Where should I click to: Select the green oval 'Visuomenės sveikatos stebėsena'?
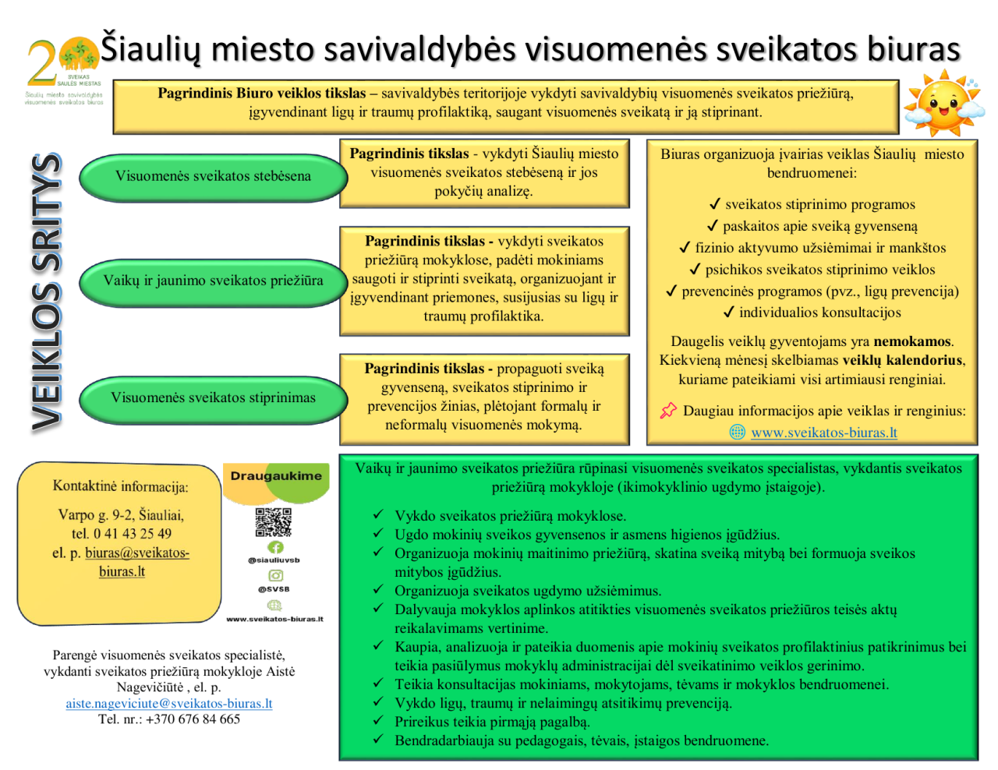[213, 177]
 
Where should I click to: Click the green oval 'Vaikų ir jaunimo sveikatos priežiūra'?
[213, 281]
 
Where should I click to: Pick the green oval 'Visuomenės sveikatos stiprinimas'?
[213, 398]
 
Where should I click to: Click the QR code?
[274, 522]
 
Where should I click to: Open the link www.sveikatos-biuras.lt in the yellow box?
[823, 433]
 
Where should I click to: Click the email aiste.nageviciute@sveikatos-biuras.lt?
[169, 704]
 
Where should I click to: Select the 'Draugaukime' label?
[276, 476]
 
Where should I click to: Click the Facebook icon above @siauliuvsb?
[275, 547]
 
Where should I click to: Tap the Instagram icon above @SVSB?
[275, 575]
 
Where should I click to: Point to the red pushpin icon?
[668, 411]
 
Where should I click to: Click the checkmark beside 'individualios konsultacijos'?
[728, 313]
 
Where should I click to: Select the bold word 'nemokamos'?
[912, 341]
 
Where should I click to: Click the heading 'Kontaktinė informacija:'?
[120, 487]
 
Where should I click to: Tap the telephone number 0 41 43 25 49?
[133, 534]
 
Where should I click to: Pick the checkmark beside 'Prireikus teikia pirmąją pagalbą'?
[378, 722]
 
